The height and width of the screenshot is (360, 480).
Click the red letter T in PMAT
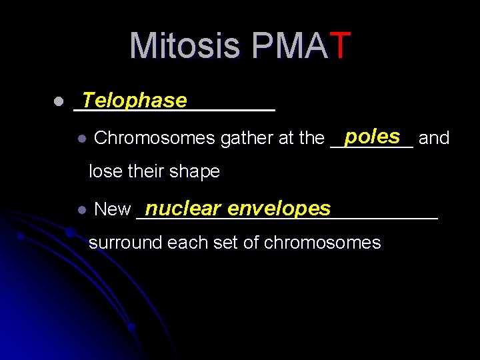click(339, 46)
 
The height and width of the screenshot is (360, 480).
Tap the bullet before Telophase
click(59, 102)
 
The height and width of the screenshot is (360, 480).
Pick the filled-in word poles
click(372, 136)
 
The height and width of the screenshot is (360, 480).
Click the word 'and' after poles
click(434, 139)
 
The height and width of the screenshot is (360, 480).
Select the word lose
click(104, 172)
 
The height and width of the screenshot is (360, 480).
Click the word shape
click(197, 172)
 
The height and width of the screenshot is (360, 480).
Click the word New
click(113, 209)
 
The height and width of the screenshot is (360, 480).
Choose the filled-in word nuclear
click(182, 209)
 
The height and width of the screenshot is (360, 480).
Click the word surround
click(125, 243)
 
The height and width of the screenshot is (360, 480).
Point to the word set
click(225, 243)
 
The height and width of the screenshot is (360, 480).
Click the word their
click(147, 172)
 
